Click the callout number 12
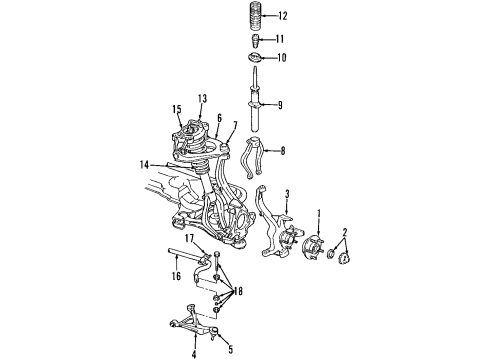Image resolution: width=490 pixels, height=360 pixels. (x=283, y=16)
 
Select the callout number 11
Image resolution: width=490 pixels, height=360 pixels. (x=280, y=39)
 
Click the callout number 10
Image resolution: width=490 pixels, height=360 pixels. (x=281, y=58)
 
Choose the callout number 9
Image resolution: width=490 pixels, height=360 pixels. (x=281, y=103)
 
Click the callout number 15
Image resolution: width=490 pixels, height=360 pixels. (x=175, y=109)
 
